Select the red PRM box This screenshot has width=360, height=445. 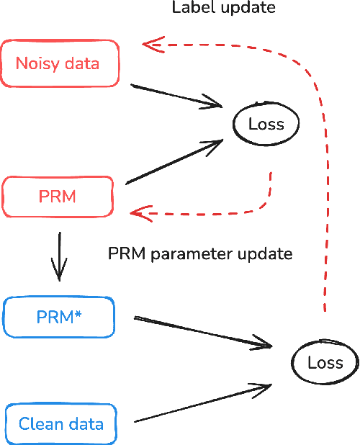point(58,196)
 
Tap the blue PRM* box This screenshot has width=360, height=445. point(58,316)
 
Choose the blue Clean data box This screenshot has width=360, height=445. point(60,423)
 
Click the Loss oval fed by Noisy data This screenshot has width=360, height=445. point(266,124)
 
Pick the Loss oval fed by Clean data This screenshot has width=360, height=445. point(325,362)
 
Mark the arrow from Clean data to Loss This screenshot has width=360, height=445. point(202,403)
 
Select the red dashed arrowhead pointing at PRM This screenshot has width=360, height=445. point(137,212)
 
